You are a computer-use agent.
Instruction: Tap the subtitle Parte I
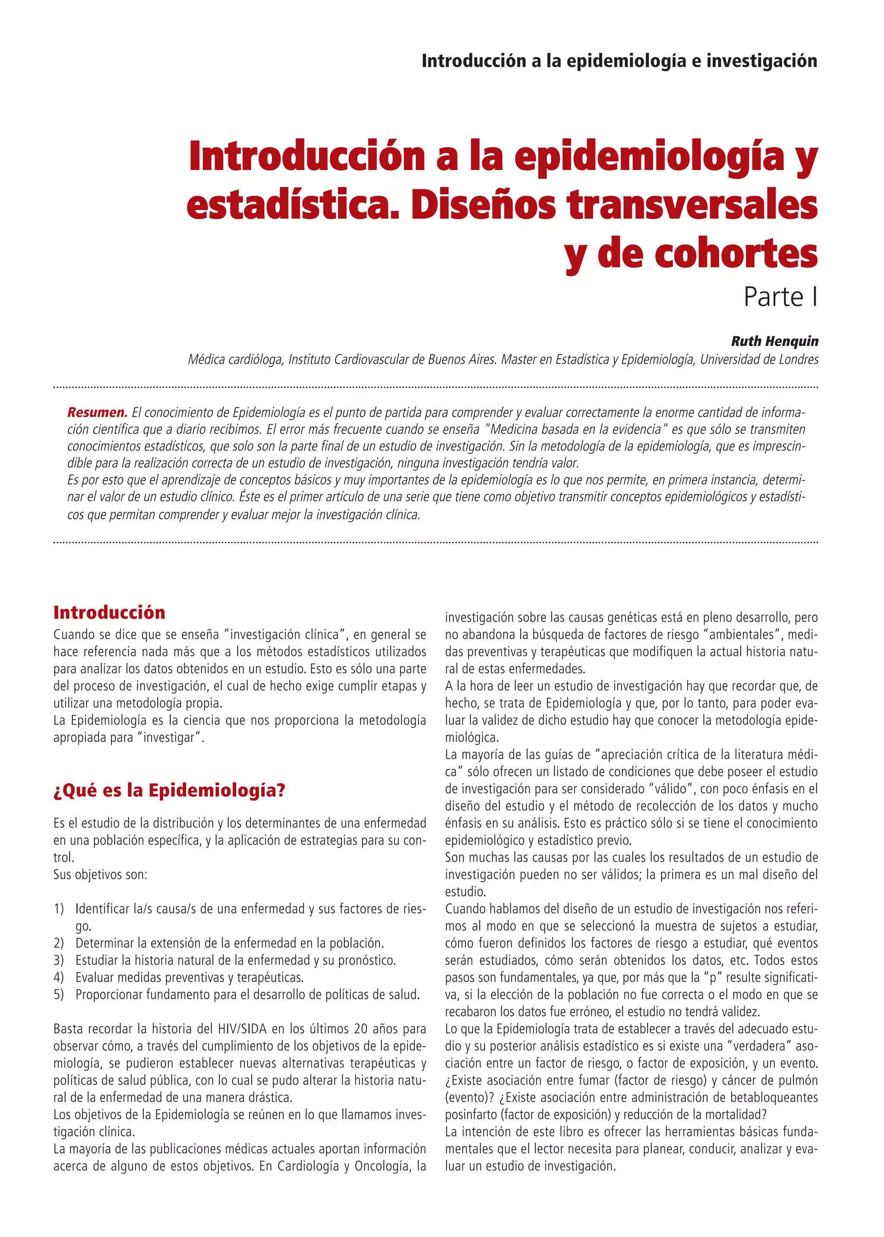780,297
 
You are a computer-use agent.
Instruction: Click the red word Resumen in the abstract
97,412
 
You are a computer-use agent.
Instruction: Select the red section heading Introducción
109,613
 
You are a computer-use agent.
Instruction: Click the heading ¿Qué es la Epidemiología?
169,790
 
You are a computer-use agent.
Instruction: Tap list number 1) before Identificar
59,909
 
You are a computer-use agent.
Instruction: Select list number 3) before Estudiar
59,960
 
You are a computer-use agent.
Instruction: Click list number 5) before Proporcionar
59,995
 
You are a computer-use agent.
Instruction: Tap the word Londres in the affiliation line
798,359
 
